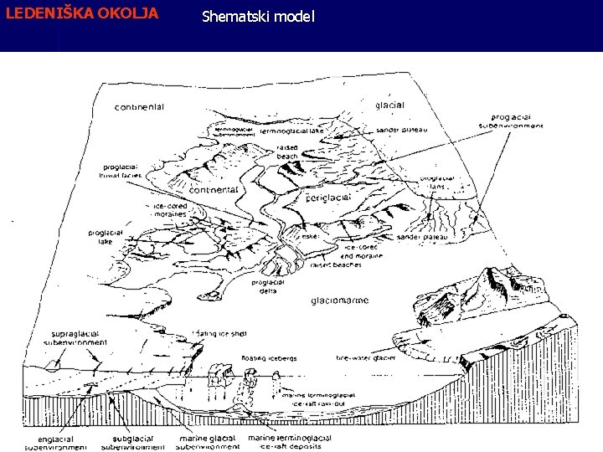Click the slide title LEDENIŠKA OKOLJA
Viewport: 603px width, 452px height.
pos(82,14)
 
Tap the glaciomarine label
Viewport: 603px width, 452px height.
pos(340,300)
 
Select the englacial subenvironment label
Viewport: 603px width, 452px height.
pos(55,443)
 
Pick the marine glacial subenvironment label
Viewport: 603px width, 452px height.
pos(209,443)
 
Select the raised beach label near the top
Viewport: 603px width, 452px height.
pos(287,152)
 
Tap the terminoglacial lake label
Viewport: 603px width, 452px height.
pos(291,131)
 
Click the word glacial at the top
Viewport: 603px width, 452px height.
pos(390,105)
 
